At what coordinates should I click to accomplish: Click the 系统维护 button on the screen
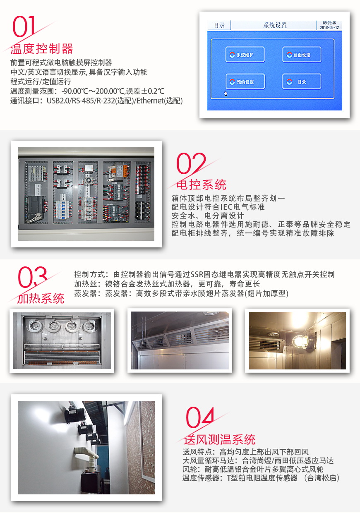(245, 55)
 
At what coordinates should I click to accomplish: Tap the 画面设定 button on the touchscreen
(302, 55)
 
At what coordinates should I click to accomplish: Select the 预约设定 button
(245, 82)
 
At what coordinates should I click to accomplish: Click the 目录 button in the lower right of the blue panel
(302, 82)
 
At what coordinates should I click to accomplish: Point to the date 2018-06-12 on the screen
(329, 28)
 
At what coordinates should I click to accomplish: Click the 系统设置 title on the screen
(275, 25)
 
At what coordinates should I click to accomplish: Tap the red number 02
(191, 164)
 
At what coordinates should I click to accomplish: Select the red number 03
(32, 277)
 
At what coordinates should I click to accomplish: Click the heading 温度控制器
(42, 49)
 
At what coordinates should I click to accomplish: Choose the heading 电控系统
(202, 185)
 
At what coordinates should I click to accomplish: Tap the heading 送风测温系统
(220, 439)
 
